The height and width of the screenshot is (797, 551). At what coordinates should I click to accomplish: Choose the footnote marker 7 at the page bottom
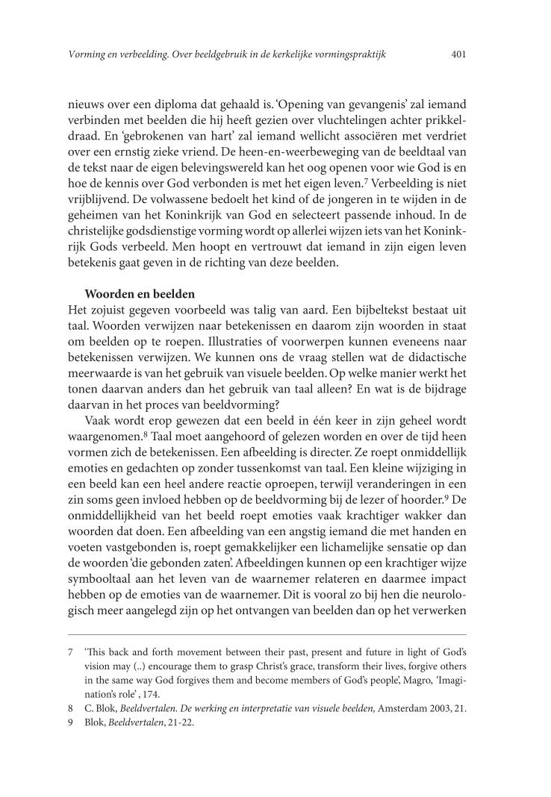pos(70,651)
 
